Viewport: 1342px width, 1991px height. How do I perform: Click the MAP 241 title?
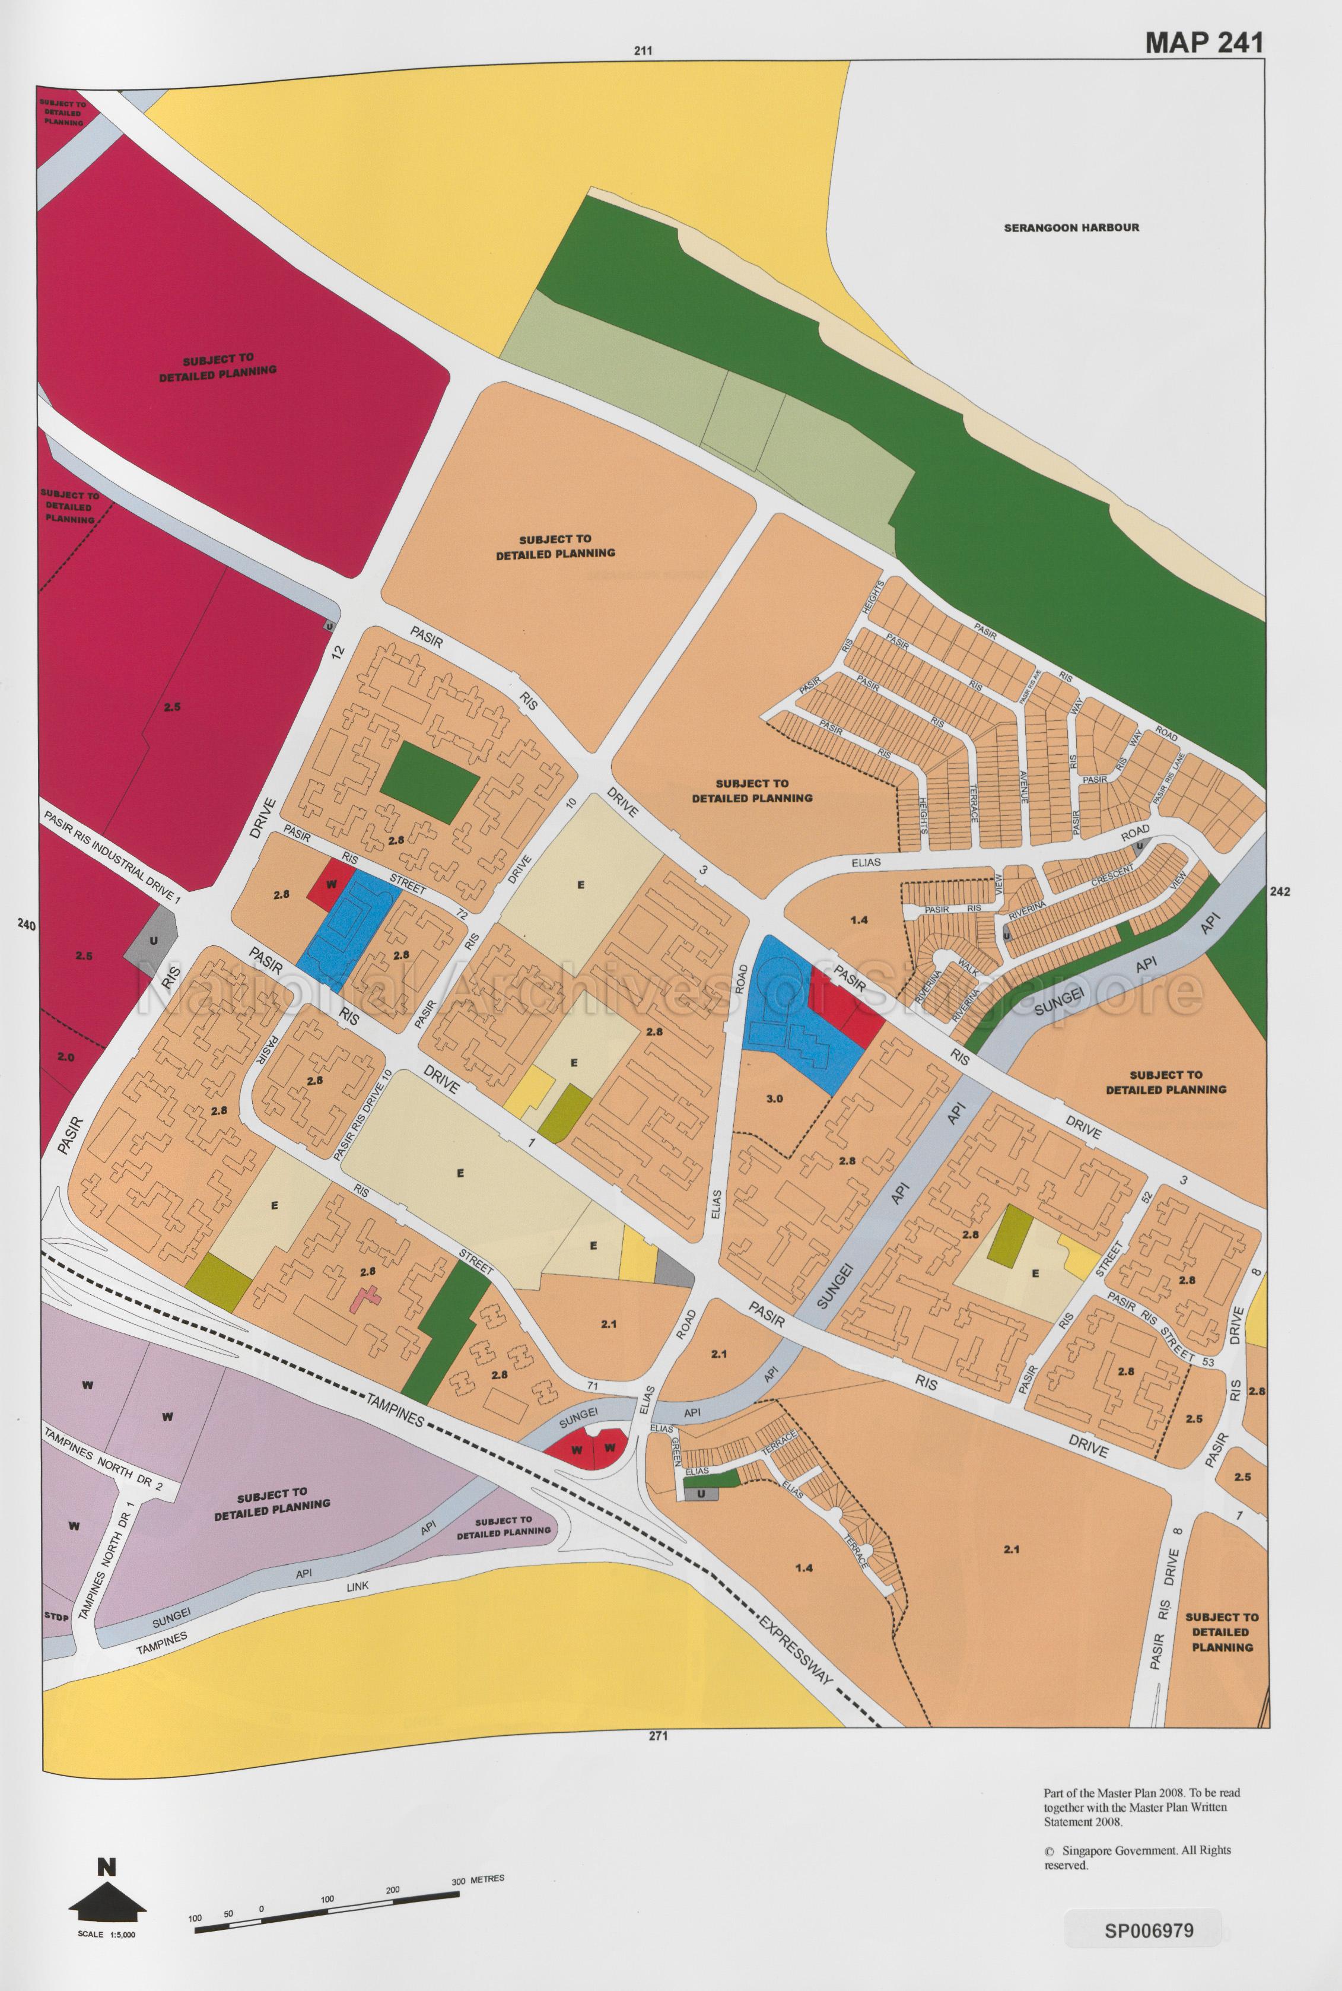[x=1203, y=43]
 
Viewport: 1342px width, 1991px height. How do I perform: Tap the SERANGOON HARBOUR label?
[x=1071, y=228]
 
